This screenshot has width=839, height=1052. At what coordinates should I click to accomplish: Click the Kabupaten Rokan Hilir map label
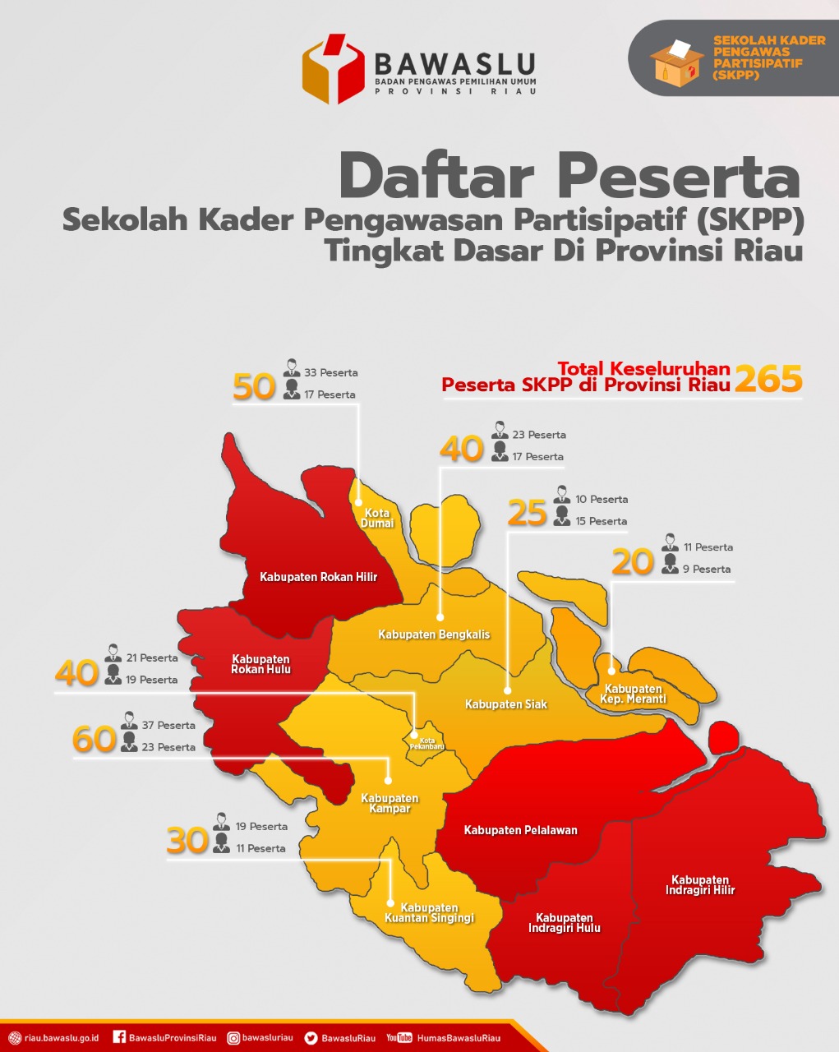tap(318, 577)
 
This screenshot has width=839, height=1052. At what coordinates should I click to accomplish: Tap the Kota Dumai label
tap(377, 518)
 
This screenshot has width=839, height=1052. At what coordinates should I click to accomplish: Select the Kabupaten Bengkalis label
tap(434, 634)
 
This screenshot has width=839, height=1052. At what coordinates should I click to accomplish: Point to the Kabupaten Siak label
tap(505, 704)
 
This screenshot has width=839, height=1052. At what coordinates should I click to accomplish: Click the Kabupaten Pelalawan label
tap(520, 830)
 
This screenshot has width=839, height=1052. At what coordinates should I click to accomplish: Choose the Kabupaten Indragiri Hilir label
tap(700, 885)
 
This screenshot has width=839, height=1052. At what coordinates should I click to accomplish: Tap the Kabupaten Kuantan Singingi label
tap(429, 913)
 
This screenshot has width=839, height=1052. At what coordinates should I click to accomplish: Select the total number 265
tap(768, 379)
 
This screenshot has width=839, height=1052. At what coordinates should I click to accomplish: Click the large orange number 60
tap(95, 739)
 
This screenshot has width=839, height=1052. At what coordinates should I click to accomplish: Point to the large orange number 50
tap(254, 386)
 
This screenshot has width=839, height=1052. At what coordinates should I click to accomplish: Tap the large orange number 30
tap(188, 841)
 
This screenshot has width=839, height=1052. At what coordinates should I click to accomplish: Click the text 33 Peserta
tap(330, 372)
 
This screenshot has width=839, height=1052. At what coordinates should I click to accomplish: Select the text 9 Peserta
tap(706, 569)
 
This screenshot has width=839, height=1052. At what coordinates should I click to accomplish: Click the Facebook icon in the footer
tap(118, 1037)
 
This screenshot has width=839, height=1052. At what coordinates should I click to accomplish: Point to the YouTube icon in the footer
tap(399, 1037)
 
